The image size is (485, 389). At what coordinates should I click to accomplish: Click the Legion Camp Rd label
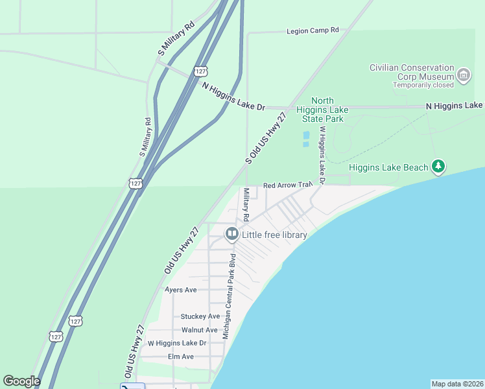[x=313, y=30]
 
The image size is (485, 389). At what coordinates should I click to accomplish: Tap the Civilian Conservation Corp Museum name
[x=412, y=72]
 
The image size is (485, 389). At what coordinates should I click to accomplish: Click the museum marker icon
[x=464, y=75]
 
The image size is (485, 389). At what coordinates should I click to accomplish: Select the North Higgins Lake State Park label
[x=322, y=110]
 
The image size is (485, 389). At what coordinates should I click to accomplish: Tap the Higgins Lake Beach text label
[x=389, y=167]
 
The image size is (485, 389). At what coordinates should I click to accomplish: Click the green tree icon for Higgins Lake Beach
[x=439, y=167]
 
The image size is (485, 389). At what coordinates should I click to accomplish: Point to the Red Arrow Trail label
[x=288, y=185]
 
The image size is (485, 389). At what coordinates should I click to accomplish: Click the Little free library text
[x=274, y=234]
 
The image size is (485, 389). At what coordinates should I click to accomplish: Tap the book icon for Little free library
[x=231, y=234]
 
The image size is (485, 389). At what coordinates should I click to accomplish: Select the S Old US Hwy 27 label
[x=266, y=137]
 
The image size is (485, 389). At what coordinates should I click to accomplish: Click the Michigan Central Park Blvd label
[x=228, y=296]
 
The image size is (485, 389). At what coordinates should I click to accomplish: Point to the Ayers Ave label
[x=181, y=290]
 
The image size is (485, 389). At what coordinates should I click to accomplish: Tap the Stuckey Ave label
[x=200, y=316]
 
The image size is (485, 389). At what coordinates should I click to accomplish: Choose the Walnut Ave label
[x=199, y=330]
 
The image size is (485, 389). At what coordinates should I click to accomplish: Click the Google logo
[x=21, y=381]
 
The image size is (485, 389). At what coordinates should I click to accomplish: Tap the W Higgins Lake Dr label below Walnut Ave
[x=177, y=343]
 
